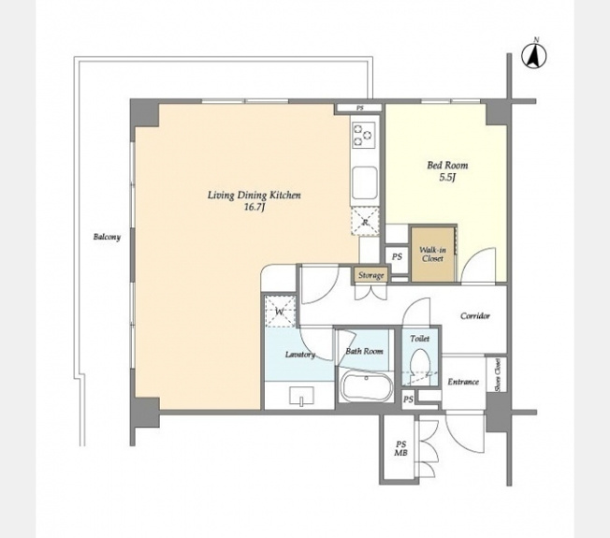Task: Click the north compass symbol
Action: coord(533,54)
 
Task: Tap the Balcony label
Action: coord(107,237)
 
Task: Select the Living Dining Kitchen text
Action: coord(254,196)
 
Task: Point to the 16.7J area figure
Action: coord(254,208)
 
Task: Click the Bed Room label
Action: coord(447,166)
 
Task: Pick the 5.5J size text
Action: coord(447,178)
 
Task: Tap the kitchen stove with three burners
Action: coord(364,135)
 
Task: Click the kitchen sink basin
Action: coord(365,182)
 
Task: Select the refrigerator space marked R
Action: coord(365,222)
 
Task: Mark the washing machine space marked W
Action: coord(280,312)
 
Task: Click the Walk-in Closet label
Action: coord(432,254)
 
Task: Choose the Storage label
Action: coord(371,275)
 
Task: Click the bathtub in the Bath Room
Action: coord(368,385)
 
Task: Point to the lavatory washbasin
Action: coord(302,396)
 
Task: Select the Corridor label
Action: coord(475,316)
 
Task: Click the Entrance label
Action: coord(463,382)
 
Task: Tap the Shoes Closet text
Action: coord(498,375)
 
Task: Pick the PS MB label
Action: coord(400,448)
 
